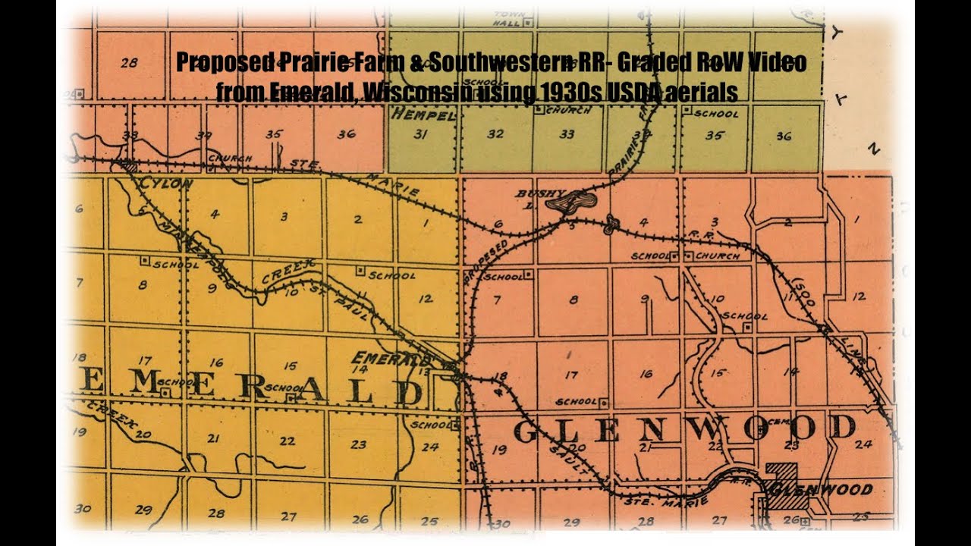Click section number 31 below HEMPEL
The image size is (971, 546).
[x=420, y=135]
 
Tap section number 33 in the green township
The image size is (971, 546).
[x=566, y=135]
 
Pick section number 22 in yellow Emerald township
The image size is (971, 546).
[x=287, y=441]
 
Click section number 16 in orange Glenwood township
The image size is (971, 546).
[x=646, y=373]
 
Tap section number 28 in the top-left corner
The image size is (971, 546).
[x=129, y=63]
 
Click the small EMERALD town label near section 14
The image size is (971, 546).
[x=390, y=357]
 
